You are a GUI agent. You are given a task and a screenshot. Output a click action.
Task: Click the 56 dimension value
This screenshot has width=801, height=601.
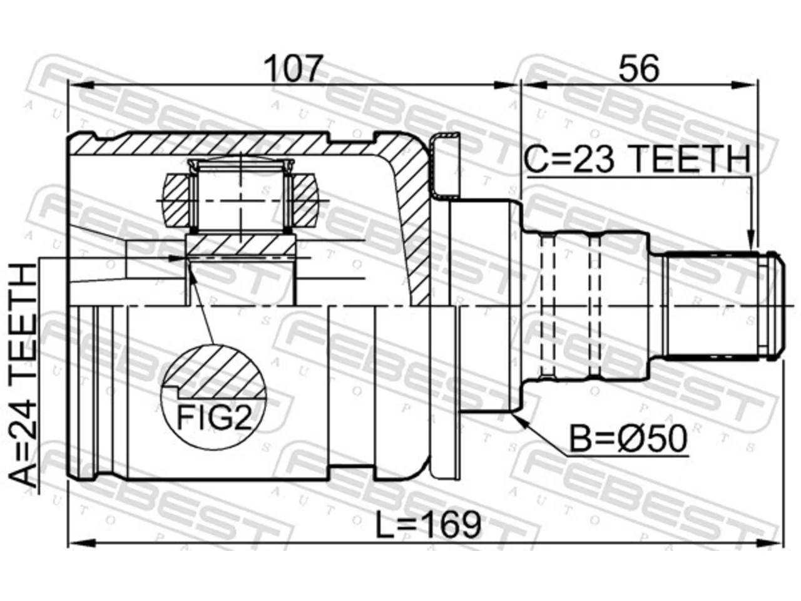click(x=639, y=69)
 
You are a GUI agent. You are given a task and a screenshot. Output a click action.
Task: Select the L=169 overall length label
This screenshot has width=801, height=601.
click(x=429, y=525)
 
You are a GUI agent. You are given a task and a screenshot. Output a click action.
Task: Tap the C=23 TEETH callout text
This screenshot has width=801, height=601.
click(x=637, y=159)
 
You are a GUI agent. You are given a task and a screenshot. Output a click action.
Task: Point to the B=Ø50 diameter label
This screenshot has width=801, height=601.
click(x=628, y=439)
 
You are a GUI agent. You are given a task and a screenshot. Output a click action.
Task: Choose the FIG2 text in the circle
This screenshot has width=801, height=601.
click(x=215, y=418)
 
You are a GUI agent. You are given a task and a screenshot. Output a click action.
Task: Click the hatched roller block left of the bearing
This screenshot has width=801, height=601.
click(x=176, y=200)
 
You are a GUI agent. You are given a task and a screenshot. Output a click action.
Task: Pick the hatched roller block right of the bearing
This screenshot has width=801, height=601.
click(x=304, y=200)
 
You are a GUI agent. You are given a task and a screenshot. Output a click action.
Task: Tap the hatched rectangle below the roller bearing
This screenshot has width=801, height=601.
click(x=240, y=245)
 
